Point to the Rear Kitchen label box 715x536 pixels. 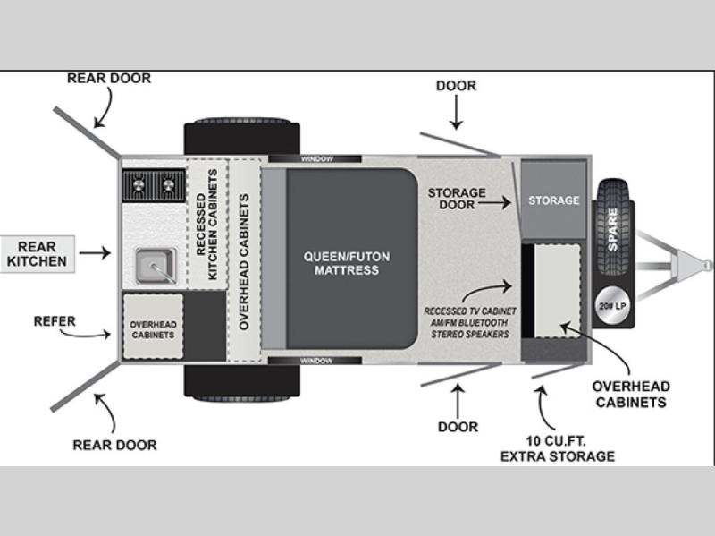37,254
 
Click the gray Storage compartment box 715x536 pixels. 553,199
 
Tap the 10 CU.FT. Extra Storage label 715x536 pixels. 558,448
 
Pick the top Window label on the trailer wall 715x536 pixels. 316,159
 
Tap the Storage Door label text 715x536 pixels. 457,199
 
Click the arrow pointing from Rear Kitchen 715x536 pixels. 95,254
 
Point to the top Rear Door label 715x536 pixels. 109,79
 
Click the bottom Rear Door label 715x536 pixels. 115,445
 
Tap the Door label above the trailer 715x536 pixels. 456,86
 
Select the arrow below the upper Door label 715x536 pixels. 456,115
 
